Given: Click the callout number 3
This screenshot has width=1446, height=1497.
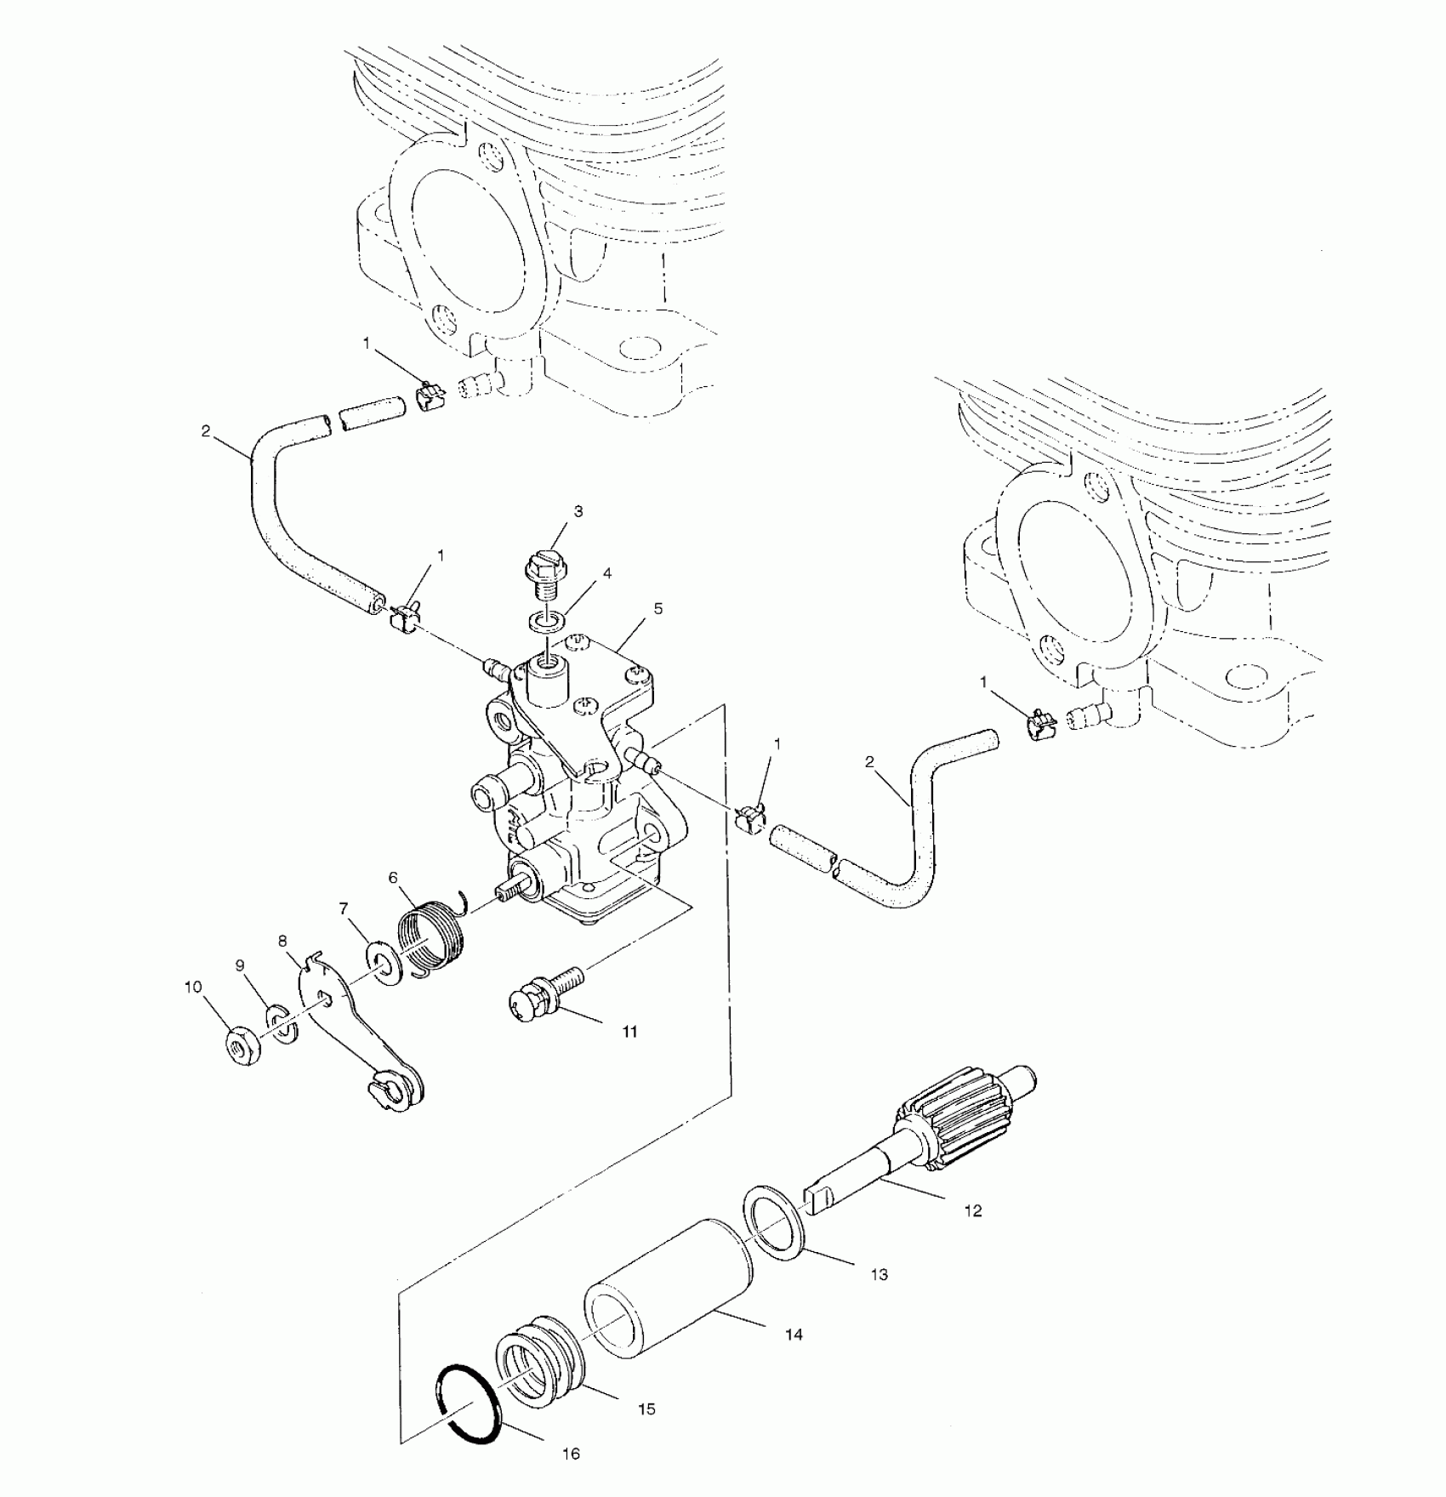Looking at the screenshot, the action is point(578,511).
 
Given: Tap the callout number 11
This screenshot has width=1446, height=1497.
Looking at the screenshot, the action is point(629,1032).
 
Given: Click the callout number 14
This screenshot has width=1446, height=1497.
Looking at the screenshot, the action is point(793,1335).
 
